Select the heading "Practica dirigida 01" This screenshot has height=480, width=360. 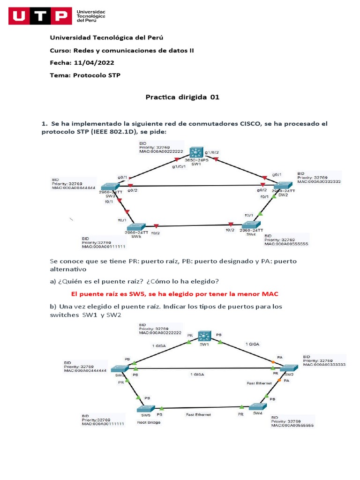[182, 97]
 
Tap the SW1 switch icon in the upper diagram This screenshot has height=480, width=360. [196, 153]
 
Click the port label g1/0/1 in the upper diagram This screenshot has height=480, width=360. [179, 166]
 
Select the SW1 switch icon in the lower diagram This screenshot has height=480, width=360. [204, 336]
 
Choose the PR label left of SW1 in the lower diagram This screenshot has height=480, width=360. [190, 336]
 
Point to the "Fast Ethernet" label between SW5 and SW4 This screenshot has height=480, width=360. [198, 415]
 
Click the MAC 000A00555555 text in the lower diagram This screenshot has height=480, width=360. [292, 426]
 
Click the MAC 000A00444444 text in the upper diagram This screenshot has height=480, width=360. [75, 187]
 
